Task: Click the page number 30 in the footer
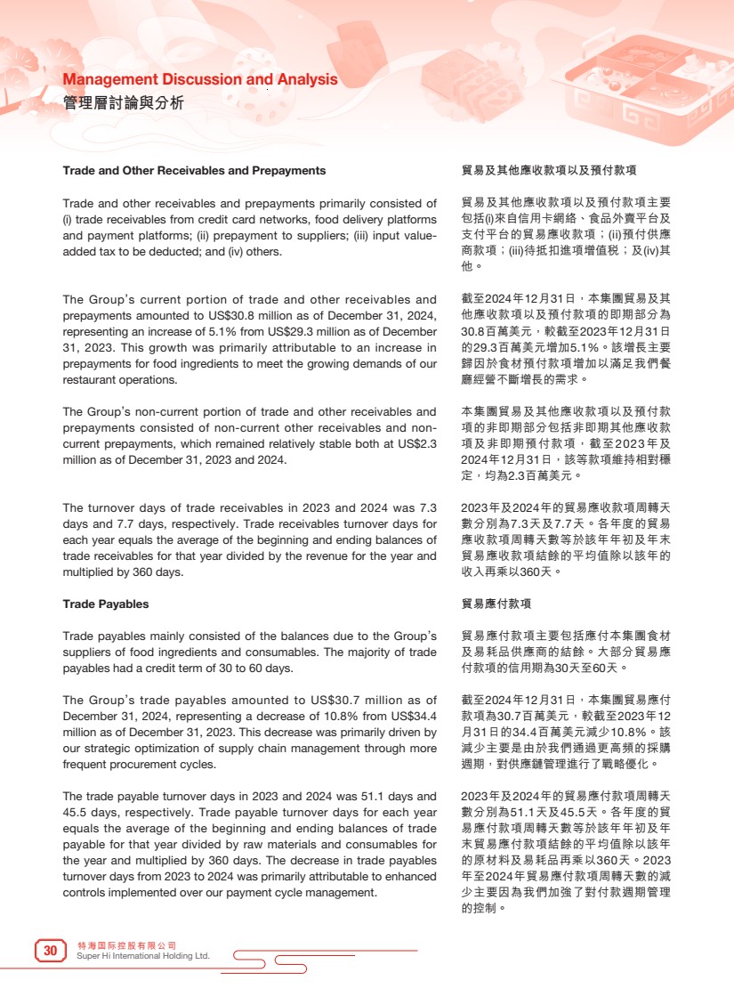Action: (51, 952)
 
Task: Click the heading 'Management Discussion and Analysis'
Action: (200, 80)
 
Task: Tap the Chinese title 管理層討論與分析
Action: (124, 103)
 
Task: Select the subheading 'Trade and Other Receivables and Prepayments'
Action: (194, 170)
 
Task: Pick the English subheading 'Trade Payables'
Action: (106, 604)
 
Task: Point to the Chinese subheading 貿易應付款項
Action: (496, 604)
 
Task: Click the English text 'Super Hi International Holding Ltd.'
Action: (143, 957)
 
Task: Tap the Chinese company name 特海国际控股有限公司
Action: (127, 945)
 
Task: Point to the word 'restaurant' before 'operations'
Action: (88, 380)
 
